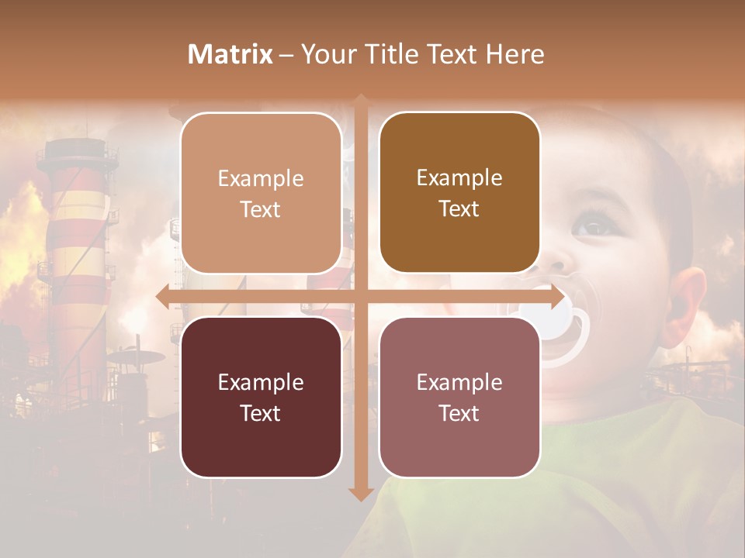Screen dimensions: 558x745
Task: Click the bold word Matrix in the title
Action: (230, 54)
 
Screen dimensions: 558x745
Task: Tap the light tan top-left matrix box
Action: (261, 193)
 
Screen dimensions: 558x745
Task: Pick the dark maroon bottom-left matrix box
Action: (261, 397)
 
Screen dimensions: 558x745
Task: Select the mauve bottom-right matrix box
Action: (459, 397)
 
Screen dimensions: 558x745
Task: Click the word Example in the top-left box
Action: (261, 178)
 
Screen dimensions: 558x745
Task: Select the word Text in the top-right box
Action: (459, 208)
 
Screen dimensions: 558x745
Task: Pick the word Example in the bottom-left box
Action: (261, 382)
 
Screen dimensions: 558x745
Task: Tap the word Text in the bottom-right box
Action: (459, 413)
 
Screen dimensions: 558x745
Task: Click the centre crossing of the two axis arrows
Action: (360, 297)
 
